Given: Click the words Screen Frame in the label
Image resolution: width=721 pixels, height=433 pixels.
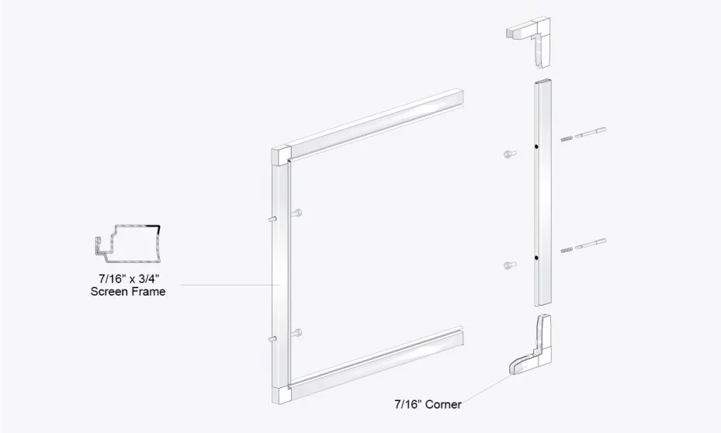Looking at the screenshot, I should click(x=129, y=292).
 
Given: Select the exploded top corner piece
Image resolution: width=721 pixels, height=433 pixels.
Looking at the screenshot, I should click(x=531, y=42).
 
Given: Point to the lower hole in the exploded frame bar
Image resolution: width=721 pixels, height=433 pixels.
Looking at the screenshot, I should click(x=536, y=257).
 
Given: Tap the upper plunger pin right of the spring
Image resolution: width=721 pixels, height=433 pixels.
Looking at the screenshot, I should click(x=591, y=133).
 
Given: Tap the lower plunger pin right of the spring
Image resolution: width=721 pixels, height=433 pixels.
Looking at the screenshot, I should click(x=591, y=243).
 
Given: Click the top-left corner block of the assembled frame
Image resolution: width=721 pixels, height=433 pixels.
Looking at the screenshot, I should click(x=280, y=156).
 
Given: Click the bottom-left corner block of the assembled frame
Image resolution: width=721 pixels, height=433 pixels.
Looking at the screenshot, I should click(x=281, y=393).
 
